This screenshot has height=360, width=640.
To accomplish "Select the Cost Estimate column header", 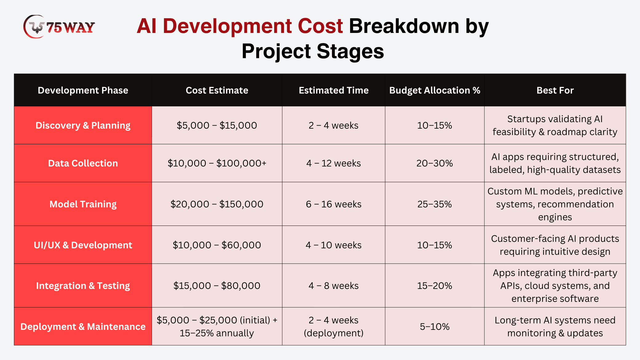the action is click(x=217, y=90).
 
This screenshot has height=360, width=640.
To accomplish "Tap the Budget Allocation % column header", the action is click(x=434, y=90).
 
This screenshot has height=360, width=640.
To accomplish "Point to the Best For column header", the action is click(x=555, y=90).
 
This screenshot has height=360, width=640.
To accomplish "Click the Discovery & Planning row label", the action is click(x=83, y=125).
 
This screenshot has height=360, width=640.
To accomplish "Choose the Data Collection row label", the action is click(x=83, y=163).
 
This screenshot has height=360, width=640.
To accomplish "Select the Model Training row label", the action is click(x=83, y=204).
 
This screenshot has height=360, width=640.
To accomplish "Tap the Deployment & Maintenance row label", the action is click(x=83, y=326).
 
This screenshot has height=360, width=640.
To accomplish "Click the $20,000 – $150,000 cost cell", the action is click(x=217, y=204).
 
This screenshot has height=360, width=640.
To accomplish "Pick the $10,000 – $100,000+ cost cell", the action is click(x=217, y=163).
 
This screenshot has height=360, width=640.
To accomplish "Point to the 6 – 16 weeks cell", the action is click(x=334, y=204).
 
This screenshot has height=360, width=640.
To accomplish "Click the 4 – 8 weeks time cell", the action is click(x=334, y=286).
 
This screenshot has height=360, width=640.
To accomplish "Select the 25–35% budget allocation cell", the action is click(x=434, y=204).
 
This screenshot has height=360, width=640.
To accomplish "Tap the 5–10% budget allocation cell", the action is click(x=434, y=326).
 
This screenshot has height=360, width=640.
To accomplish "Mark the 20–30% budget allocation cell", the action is click(x=434, y=163).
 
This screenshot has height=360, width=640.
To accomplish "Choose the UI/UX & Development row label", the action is click(x=83, y=245).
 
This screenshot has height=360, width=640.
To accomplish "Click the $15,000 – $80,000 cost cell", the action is click(x=217, y=286).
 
